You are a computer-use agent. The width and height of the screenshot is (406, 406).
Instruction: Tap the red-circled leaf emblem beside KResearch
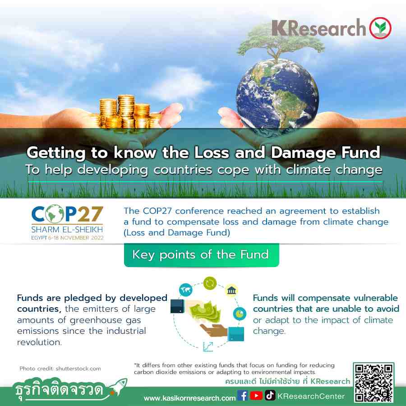point(380,28)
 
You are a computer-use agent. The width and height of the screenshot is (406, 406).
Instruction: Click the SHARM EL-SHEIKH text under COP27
point(67,230)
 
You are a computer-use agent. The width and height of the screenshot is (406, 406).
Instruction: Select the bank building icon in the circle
point(231,290)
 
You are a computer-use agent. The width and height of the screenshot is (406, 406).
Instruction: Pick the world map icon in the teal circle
point(186,290)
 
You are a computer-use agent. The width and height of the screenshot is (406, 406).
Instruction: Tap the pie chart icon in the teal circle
point(240,314)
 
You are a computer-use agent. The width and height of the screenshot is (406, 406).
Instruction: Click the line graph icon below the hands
point(208,347)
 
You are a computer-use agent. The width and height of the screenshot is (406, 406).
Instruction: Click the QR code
point(374,383)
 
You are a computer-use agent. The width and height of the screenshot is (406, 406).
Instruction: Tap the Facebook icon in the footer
point(243,396)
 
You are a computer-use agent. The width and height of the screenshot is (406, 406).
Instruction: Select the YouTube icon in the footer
point(256,396)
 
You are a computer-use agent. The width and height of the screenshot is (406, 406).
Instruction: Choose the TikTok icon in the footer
point(270,395)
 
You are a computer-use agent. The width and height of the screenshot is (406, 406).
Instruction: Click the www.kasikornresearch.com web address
point(189,398)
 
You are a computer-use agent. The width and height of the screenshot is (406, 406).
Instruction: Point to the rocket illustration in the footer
point(118,386)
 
